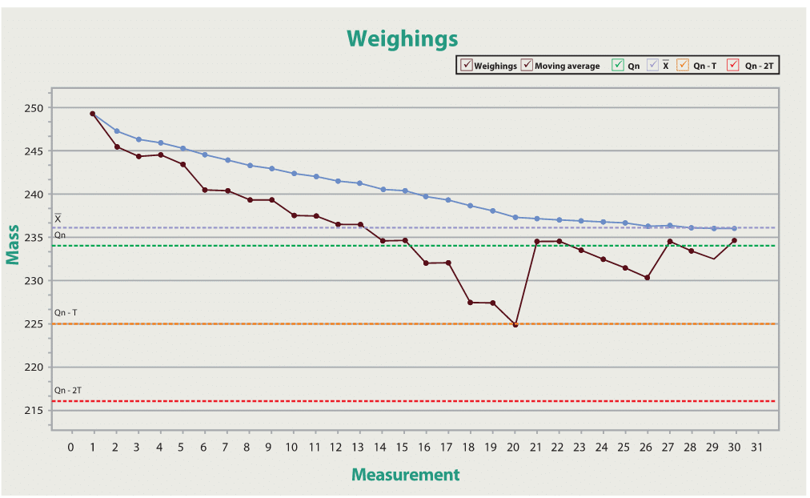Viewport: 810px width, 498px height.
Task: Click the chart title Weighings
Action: point(402,38)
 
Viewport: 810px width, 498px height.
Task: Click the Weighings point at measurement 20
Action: point(515,325)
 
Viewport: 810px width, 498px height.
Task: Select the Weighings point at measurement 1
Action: point(93,114)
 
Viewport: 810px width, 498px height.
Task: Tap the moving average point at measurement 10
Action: point(294,173)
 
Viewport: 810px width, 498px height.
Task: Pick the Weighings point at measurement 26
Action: point(647,278)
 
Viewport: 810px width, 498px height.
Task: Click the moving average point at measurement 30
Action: point(734,228)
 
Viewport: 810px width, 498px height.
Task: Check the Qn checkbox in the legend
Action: point(617,66)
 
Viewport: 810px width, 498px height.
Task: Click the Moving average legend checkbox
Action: point(527,66)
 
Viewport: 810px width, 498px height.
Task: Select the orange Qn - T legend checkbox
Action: point(683,66)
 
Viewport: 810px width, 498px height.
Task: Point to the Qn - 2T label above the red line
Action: point(68,390)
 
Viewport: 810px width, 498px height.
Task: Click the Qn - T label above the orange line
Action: point(66,312)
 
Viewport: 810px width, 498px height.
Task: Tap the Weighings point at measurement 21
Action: point(537,241)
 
